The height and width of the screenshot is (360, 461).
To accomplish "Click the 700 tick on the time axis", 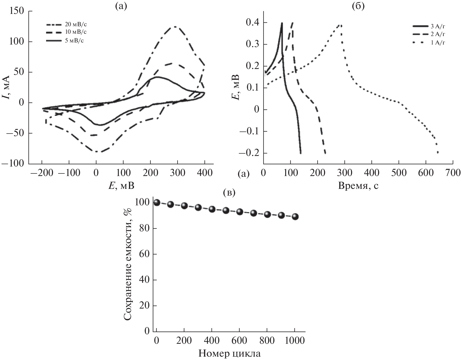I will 453,173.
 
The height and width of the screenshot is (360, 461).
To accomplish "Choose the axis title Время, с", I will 358,185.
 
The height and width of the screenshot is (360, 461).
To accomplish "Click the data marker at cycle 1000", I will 295,216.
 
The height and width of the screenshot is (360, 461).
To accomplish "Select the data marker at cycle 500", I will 226,210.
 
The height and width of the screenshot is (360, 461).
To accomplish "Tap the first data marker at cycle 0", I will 157,203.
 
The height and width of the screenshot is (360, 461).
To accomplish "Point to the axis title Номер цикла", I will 229,354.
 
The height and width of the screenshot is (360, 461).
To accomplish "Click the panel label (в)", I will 229,192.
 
